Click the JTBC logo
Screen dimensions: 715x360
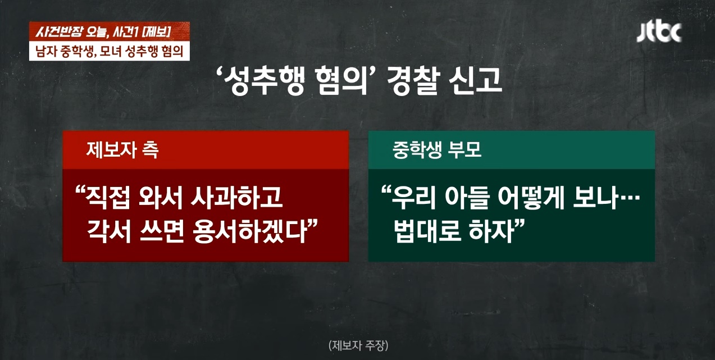coord(659,33)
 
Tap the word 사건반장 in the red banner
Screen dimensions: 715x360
coord(58,31)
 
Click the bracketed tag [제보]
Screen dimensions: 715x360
coord(156,31)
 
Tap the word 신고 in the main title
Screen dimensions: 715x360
coord(476,82)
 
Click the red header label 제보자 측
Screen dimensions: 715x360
coord(122,150)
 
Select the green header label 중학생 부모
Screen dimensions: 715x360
coord(437,150)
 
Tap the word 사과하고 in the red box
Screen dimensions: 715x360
coord(236,197)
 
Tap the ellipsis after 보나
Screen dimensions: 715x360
coord(629,198)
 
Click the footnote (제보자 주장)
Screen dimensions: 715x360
coord(358,345)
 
